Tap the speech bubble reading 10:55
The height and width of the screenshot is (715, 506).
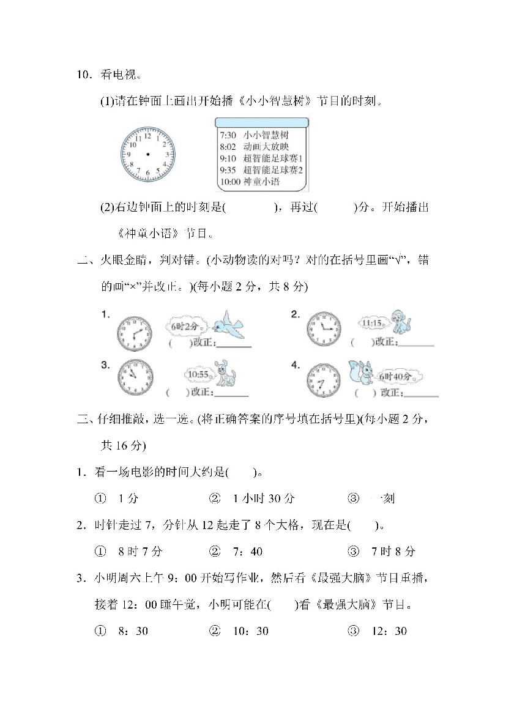click(198, 374)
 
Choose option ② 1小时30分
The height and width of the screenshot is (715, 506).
click(252, 498)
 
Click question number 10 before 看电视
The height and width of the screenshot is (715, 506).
click(83, 76)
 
